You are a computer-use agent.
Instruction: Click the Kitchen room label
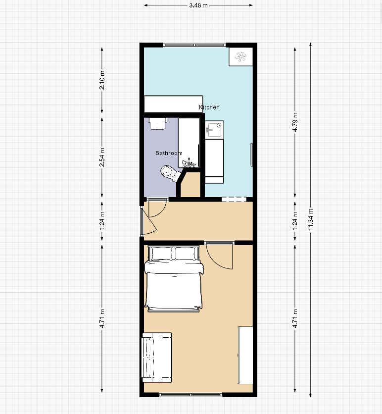click(x=209, y=107)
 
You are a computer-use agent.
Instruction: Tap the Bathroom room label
click(x=169, y=153)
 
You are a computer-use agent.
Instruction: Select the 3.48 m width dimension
click(x=198, y=5)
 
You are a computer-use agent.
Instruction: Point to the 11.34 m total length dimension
click(x=311, y=219)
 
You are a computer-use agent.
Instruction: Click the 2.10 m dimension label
click(x=102, y=80)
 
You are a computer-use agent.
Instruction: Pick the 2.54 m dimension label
click(x=102, y=157)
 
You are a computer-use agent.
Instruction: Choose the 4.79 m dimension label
click(x=295, y=122)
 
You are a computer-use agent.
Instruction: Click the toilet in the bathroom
click(x=170, y=173)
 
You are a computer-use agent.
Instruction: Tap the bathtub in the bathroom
click(x=189, y=143)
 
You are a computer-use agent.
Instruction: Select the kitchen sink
click(x=214, y=129)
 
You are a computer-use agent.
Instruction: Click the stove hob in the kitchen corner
click(x=240, y=57)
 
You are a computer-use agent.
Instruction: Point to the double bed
click(x=174, y=278)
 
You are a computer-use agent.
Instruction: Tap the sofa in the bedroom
click(x=157, y=357)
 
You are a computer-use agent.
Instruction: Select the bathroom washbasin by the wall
click(x=158, y=123)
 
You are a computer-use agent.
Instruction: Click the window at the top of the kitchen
click(x=194, y=45)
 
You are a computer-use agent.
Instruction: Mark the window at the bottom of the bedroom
click(x=191, y=395)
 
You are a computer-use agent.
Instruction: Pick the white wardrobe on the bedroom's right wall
click(x=245, y=356)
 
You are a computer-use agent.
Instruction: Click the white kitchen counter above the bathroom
click(x=173, y=104)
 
